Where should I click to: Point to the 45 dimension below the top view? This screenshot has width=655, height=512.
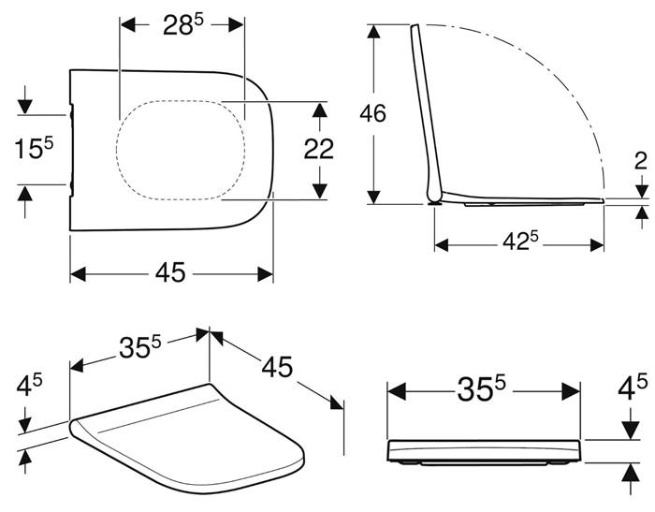tap(170, 273)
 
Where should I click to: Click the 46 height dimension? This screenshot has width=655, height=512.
tap(373, 114)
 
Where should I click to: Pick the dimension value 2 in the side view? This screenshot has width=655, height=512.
tap(640, 160)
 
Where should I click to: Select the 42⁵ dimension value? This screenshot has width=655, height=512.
tap(519, 241)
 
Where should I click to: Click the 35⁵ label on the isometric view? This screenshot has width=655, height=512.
tap(138, 347)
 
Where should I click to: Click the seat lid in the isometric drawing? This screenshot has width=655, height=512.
tap(187, 440)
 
